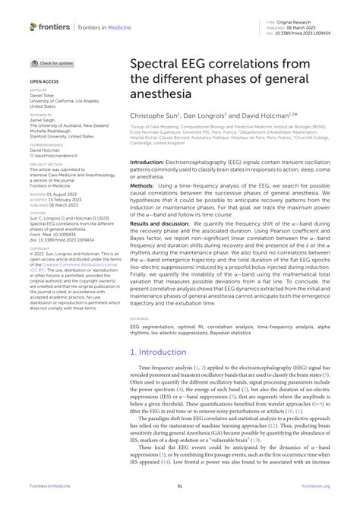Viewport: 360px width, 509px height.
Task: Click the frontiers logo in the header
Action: [x=49, y=27]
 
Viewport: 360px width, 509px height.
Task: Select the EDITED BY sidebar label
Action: [x=39, y=88]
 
